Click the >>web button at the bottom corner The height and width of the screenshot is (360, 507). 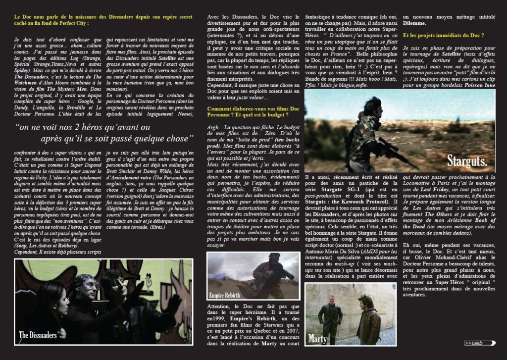click(x=479, y=343)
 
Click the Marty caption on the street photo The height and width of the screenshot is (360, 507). click(x=317, y=339)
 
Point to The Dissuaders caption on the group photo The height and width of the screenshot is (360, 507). click(x=38, y=335)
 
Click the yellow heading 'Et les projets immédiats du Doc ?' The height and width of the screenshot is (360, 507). click(x=443, y=36)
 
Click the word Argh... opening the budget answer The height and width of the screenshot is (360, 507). click(x=214, y=127)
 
